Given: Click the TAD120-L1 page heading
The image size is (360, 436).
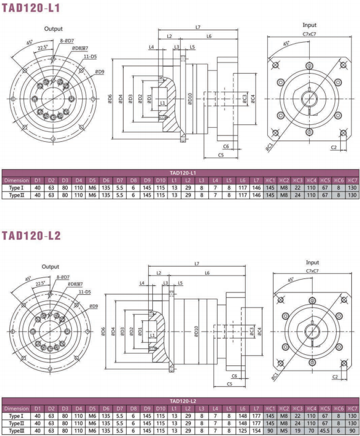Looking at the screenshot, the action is (x=31, y=8).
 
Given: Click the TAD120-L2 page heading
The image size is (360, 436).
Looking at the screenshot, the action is (x=31, y=236).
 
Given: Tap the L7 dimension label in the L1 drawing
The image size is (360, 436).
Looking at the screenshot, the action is (x=198, y=27).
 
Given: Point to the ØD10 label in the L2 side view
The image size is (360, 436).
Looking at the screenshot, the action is (x=196, y=331).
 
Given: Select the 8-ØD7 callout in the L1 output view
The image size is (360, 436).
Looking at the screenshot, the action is (x=67, y=41).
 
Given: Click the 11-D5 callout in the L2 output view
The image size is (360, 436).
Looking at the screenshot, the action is (x=85, y=292).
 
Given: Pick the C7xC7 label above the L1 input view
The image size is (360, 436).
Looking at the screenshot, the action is (x=309, y=34).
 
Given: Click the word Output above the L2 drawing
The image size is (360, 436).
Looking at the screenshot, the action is (x=50, y=266).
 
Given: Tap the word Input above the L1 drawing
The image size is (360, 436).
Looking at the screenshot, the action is (x=309, y=25).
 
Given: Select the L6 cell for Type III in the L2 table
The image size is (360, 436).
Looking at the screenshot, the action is (x=243, y=431).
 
